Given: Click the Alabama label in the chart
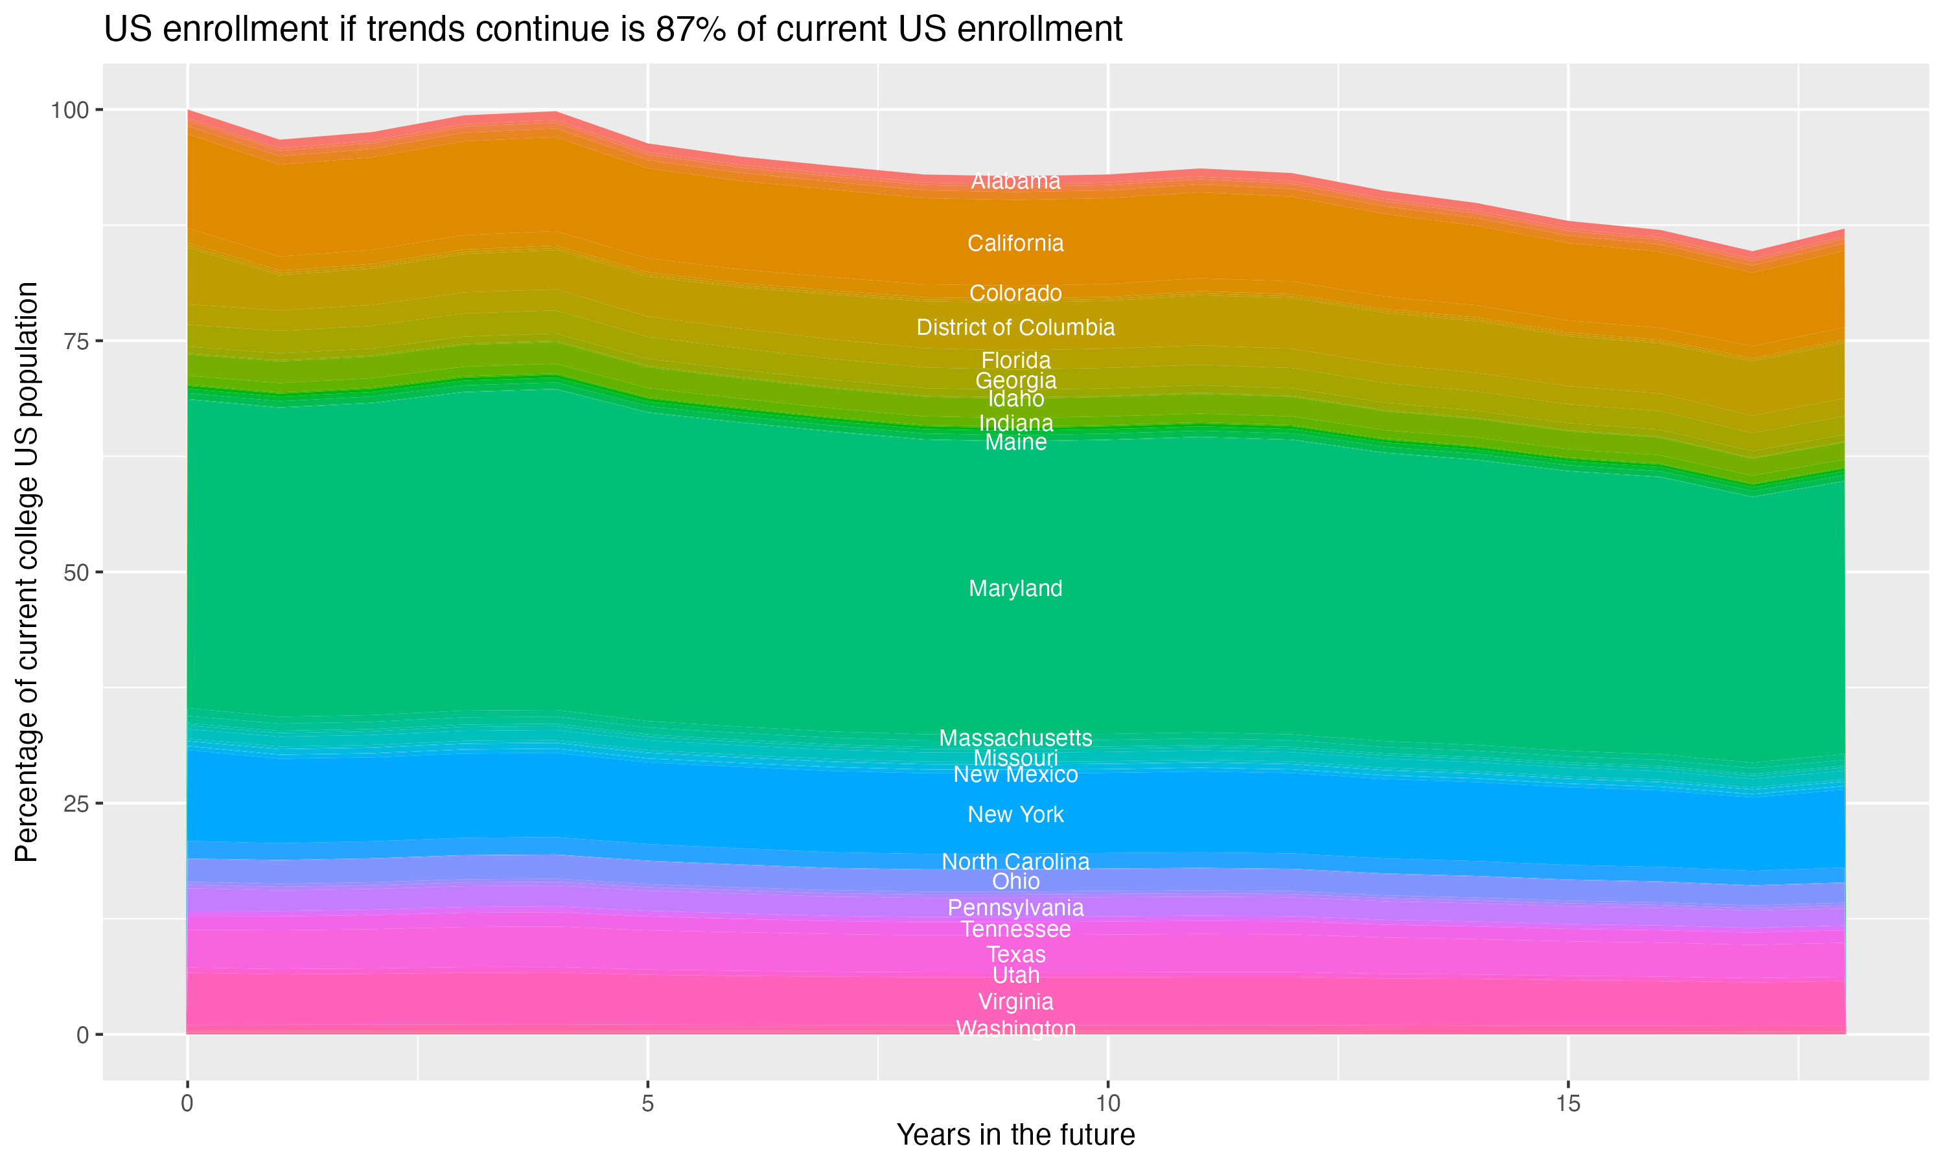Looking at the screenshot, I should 1015,181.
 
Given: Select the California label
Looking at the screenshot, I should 1015,244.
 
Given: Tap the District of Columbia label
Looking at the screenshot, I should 1015,328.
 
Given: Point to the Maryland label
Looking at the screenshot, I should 1015,588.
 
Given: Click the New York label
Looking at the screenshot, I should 1015,815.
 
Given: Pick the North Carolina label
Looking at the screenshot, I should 1015,862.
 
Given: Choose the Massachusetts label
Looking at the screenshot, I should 1015,738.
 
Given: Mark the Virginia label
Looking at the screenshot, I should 1015,1001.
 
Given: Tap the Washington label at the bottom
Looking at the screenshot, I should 1015,1029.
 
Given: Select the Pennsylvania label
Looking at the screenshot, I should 1015,908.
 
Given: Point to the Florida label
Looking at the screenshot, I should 1015,361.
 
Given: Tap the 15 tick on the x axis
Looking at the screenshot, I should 1568,1104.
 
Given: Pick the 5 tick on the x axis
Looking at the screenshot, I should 647,1104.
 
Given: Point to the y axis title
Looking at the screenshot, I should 27,572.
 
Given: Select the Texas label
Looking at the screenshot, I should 1015,955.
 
